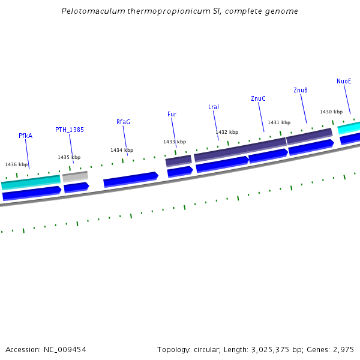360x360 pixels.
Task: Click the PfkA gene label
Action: point(25,136)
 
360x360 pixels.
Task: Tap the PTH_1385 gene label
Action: point(70,130)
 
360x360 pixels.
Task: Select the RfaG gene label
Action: point(123,122)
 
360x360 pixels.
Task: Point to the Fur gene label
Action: point(172,114)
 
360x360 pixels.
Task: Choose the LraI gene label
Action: point(214,107)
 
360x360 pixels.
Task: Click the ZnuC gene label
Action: point(258,98)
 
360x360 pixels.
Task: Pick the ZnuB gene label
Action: point(301,90)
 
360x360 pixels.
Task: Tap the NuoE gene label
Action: point(344,81)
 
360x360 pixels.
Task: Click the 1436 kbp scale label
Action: point(16,164)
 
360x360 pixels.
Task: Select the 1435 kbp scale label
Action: point(69,157)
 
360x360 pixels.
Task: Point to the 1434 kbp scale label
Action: point(122,150)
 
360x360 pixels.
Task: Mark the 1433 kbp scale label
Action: point(175,142)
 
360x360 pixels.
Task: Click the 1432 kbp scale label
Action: point(227,132)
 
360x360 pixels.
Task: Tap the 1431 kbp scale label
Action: point(279,122)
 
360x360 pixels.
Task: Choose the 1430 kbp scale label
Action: point(331,112)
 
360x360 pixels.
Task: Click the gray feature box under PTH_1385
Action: point(75,176)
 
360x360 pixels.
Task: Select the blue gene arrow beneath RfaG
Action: point(130,179)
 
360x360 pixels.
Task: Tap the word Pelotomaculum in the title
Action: point(90,11)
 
